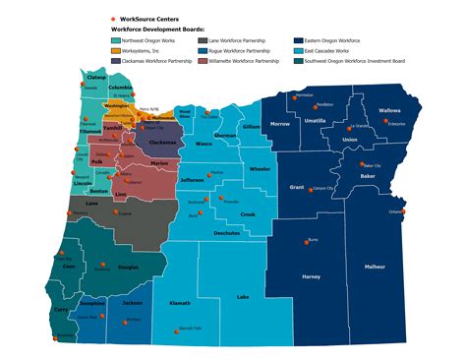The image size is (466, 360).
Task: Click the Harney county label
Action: coord(311,277)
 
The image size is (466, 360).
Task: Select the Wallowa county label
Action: coord(390,111)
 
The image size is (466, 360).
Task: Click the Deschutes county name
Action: coord(228,233)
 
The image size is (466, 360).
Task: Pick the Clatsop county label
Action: coord(96,76)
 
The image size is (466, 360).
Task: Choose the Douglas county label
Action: coord(129,267)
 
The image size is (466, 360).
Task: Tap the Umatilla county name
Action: coord(341,121)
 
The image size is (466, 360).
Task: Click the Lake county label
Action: coord(243,296)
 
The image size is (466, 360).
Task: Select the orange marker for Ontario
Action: coord(403,210)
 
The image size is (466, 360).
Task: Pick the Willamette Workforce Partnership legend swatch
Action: coord(203,61)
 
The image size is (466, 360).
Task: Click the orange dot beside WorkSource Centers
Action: coord(113,20)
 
